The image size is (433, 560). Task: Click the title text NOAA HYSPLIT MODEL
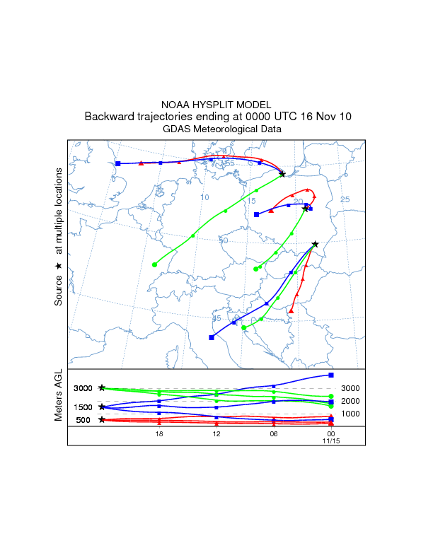click(216, 105)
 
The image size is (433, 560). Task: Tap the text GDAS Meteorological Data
click(216, 129)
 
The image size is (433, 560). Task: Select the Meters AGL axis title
click(59, 397)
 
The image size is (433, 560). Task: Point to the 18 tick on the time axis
click(159, 434)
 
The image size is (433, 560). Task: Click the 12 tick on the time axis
click(216, 434)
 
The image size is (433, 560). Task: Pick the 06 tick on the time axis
click(273, 434)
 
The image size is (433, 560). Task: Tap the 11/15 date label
click(331, 441)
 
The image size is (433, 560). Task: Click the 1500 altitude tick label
click(83, 407)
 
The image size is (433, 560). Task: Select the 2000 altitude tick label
click(351, 401)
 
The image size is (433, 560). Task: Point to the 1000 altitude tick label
click(351, 414)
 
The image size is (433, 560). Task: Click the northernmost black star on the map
click(282, 174)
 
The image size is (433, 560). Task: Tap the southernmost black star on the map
click(315, 245)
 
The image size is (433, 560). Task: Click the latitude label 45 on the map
click(216, 318)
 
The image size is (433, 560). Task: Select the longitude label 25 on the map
click(345, 199)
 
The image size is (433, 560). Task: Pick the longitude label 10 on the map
click(204, 197)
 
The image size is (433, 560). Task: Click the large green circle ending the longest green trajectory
click(154, 264)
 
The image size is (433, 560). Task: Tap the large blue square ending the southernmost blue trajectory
click(212, 338)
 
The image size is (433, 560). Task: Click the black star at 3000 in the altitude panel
click(102, 388)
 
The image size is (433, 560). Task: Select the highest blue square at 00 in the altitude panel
click(331, 375)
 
